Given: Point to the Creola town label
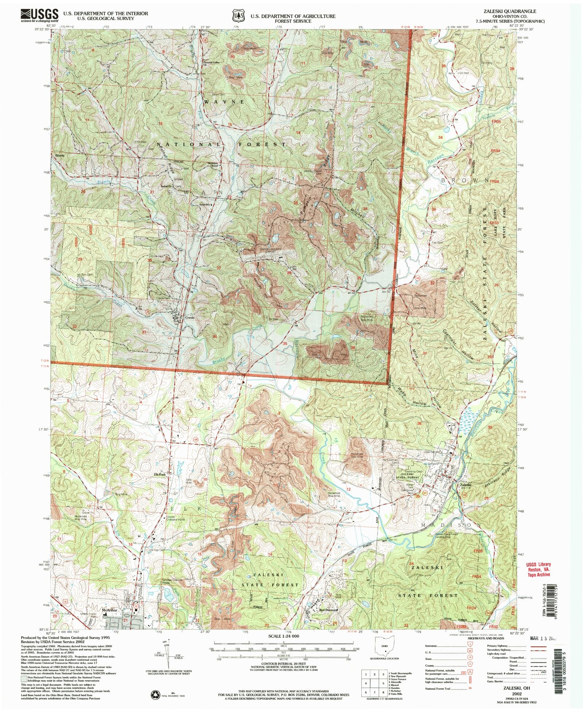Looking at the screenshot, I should pyautogui.click(x=191, y=317).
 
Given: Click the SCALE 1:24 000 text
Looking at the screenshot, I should pyautogui.click(x=283, y=636).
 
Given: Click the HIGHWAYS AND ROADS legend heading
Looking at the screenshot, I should pyautogui.click(x=483, y=638).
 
